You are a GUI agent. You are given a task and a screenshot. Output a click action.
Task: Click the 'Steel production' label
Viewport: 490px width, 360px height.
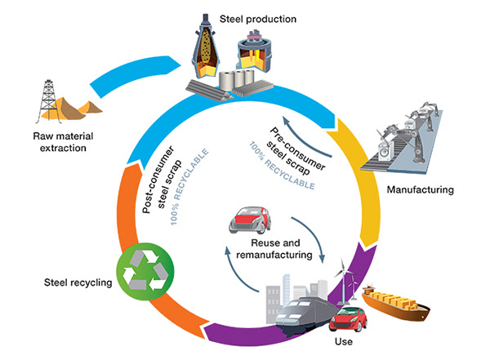pyautogui.click(x=264, y=16)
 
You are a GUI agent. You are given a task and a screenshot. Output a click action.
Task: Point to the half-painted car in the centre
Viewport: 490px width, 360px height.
pyautogui.click(x=252, y=214)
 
